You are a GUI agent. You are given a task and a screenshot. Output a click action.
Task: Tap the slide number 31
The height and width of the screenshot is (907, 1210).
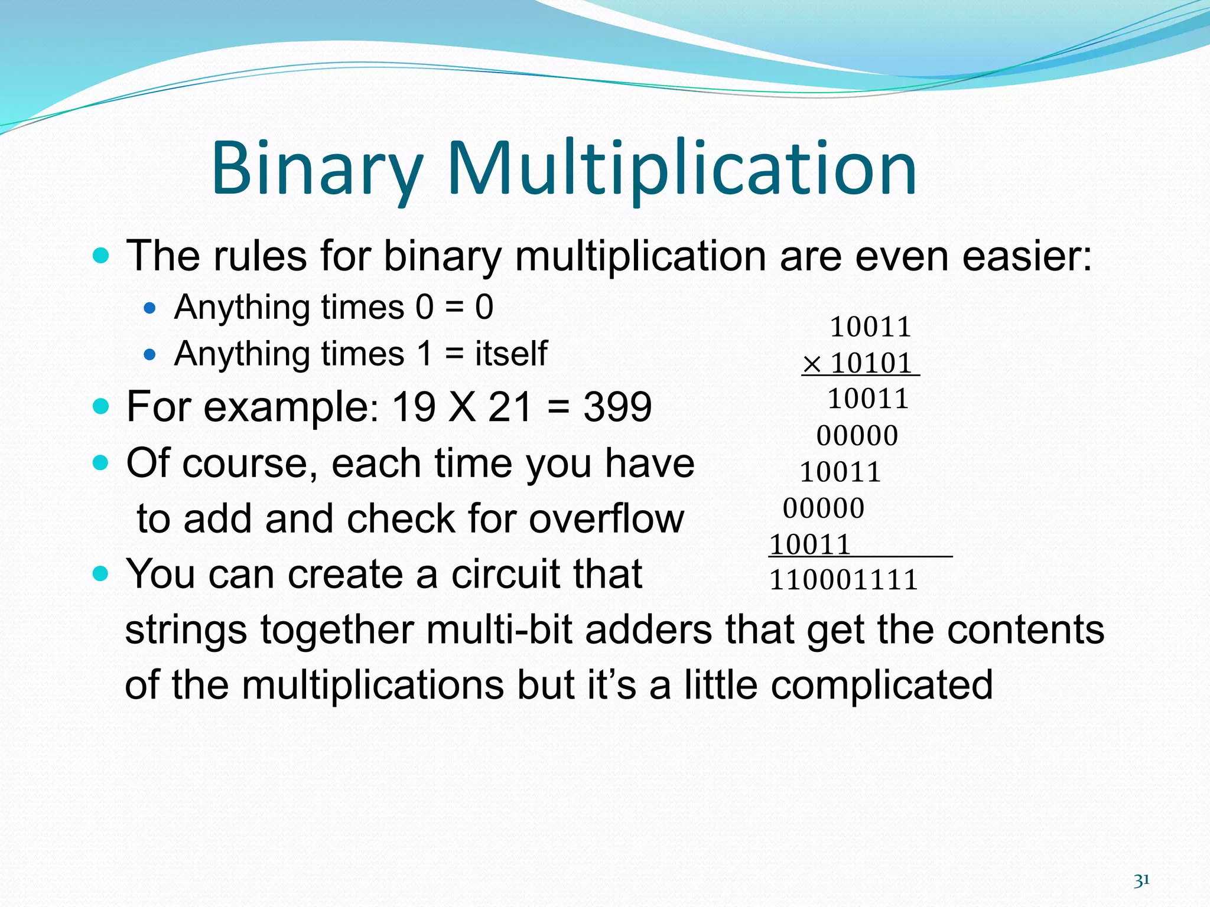1141,880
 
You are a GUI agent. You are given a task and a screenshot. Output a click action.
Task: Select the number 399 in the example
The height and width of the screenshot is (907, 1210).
617,407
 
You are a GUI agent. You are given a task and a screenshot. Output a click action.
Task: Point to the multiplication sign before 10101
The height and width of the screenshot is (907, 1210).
812,364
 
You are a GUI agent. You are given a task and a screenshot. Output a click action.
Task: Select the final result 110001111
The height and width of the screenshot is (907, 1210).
843,580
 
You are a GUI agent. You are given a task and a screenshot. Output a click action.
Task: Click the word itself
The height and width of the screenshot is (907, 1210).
511,354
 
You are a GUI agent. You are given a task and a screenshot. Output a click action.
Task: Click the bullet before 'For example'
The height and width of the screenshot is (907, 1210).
102,406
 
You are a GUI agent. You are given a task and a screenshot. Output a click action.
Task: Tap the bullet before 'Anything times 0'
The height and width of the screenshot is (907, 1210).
149,308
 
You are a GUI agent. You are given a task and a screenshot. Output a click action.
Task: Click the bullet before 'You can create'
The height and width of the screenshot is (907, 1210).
102,573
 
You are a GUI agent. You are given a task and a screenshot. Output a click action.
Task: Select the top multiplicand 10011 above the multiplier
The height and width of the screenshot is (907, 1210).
870,327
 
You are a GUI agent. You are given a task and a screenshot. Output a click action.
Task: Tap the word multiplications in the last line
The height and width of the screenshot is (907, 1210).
372,685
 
